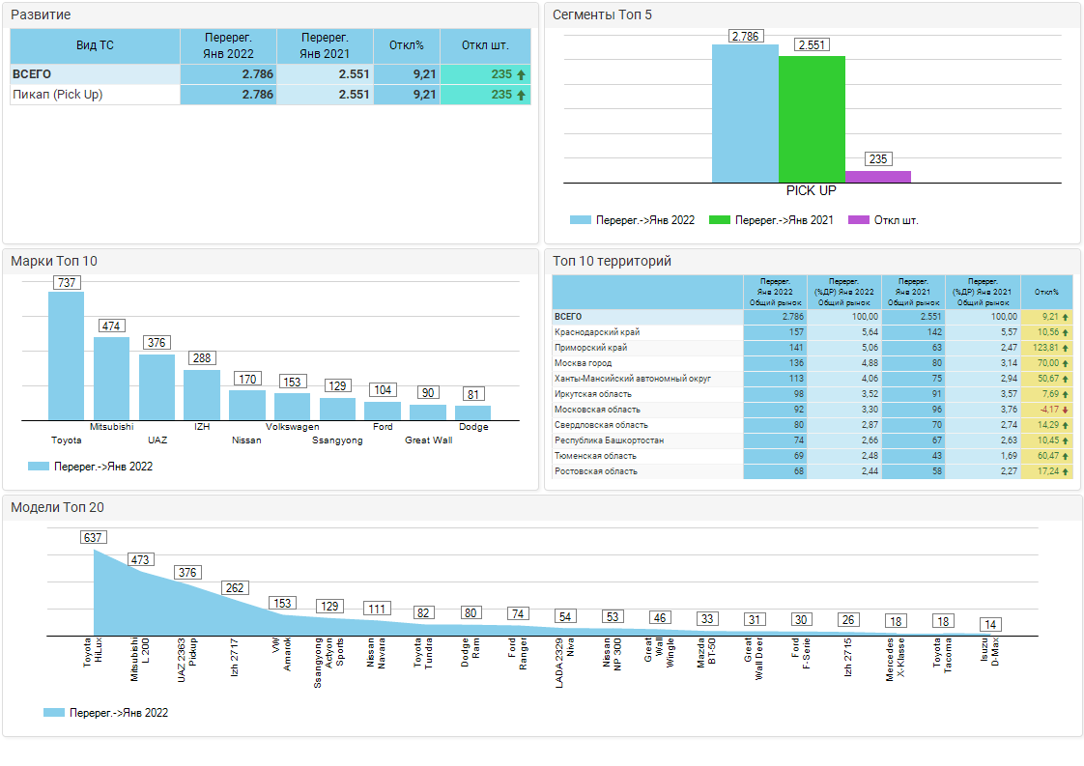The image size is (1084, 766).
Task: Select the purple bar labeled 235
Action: pyautogui.click(x=877, y=177)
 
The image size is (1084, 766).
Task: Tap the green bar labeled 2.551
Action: pyautogui.click(x=812, y=119)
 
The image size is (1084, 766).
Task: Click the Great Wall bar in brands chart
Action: pyautogui.click(x=427, y=411)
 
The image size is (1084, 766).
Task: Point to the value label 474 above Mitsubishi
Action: pyautogui.click(x=111, y=326)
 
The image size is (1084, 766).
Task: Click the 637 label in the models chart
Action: pyautogui.click(x=93, y=537)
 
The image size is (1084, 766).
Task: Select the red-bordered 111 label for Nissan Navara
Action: pyautogui.click(x=377, y=609)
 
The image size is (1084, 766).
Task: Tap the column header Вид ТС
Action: pyautogui.click(x=95, y=45)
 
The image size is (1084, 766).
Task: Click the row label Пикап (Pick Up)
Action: pyautogui.click(x=57, y=95)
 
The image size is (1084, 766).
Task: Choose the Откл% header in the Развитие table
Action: pyautogui.click(x=406, y=45)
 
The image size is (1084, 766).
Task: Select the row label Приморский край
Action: pyautogui.click(x=590, y=348)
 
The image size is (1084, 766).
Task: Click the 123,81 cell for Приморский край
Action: pyautogui.click(x=1047, y=348)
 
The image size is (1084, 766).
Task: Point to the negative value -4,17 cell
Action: pyautogui.click(x=1047, y=410)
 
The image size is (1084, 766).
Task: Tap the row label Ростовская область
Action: pyautogui.click(x=595, y=471)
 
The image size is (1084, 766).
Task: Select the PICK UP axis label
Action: pyautogui.click(x=811, y=190)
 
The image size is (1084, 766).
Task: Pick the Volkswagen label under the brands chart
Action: pyautogui.click(x=293, y=426)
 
